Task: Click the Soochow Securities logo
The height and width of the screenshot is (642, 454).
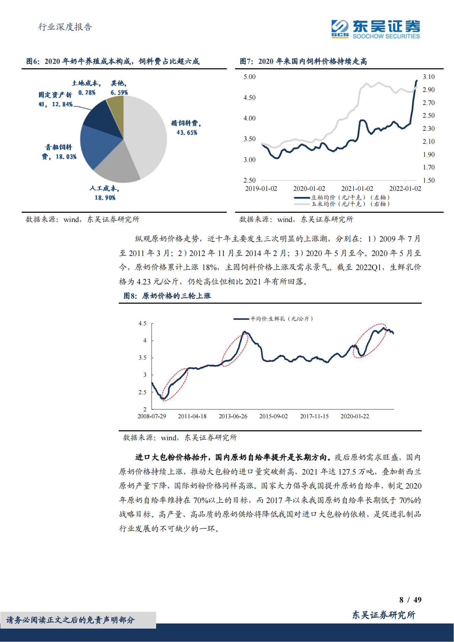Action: tap(375, 29)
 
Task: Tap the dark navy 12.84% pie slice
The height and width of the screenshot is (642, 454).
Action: tap(103, 120)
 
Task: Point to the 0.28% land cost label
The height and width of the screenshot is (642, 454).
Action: tap(86, 93)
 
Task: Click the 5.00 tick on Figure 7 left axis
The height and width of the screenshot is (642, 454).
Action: tap(249, 77)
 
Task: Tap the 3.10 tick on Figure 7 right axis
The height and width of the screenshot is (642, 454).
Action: tap(428, 77)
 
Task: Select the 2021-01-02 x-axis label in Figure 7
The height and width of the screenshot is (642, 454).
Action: tap(357, 189)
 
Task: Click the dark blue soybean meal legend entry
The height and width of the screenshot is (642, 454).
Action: tap(342, 198)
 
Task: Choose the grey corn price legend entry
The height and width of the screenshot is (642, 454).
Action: tap(342, 204)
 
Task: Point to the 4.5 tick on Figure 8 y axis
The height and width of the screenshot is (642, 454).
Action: tap(142, 324)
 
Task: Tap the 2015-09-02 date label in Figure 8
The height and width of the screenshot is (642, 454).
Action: tap(273, 416)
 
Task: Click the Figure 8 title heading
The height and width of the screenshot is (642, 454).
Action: tap(167, 296)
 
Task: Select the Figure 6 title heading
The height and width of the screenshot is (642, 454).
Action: tap(113, 61)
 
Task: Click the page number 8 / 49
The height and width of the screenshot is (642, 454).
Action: tap(410, 600)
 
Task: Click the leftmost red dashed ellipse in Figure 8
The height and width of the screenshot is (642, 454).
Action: tap(175, 384)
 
